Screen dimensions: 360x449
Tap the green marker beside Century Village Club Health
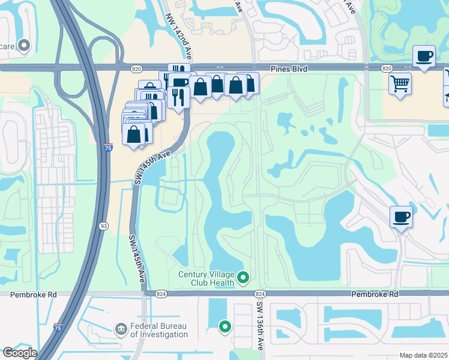pos(243,277)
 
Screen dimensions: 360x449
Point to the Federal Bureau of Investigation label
pos(159,330)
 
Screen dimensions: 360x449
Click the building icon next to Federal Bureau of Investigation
pos(120,329)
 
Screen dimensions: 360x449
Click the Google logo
pos(20,353)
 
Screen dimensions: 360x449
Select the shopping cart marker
pos(400,83)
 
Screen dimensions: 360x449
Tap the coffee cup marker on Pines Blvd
pos(424,56)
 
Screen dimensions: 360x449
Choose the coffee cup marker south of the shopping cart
pos(401,217)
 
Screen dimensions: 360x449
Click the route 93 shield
pos(104,226)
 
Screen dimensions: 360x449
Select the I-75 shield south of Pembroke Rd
pos(57,327)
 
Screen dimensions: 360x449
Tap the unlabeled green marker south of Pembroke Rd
pos(225,326)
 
